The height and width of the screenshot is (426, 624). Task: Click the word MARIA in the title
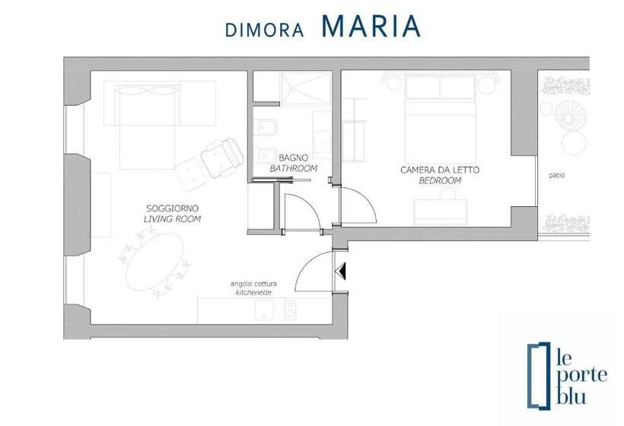[x=371, y=27]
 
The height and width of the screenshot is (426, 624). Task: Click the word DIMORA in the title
[x=265, y=30]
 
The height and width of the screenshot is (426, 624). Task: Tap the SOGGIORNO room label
[x=172, y=208]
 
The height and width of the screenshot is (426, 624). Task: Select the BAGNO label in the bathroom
[x=293, y=158]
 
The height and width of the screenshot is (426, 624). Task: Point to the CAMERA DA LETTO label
[x=440, y=170]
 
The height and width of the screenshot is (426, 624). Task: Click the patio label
[x=557, y=175]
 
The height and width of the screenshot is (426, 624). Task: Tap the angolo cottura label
[x=253, y=284]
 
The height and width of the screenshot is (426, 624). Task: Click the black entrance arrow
[x=341, y=272]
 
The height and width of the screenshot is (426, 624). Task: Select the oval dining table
[x=154, y=262]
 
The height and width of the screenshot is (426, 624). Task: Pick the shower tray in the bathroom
[x=307, y=88]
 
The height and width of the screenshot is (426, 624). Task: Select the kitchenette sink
[x=264, y=310]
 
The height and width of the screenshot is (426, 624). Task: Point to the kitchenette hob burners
[x=291, y=310]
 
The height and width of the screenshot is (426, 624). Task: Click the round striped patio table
[x=570, y=114]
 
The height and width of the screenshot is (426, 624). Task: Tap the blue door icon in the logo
[x=539, y=375]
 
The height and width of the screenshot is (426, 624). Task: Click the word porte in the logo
[x=581, y=375]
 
